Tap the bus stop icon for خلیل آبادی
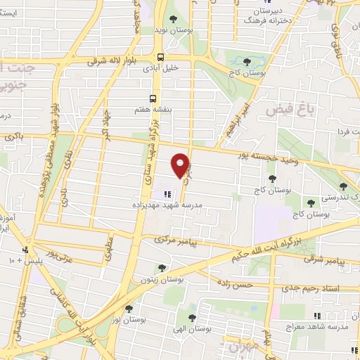[x=161, y=57]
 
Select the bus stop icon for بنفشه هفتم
[x=153, y=99]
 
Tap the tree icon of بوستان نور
[x=128, y=308]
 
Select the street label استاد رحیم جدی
[x=309, y=288]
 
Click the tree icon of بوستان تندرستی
[x=342, y=186]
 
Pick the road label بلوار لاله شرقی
[x=114, y=61]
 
